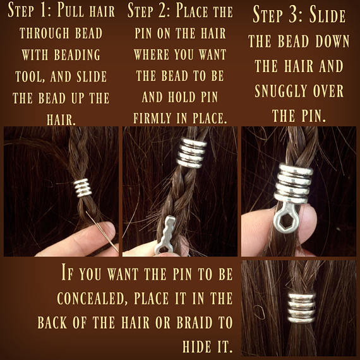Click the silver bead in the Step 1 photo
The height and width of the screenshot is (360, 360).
(x=82, y=186)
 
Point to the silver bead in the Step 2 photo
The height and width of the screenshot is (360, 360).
(x=191, y=153)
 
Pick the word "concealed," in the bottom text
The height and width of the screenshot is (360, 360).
(x=89, y=298)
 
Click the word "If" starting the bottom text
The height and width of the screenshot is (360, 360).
(x=68, y=274)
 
